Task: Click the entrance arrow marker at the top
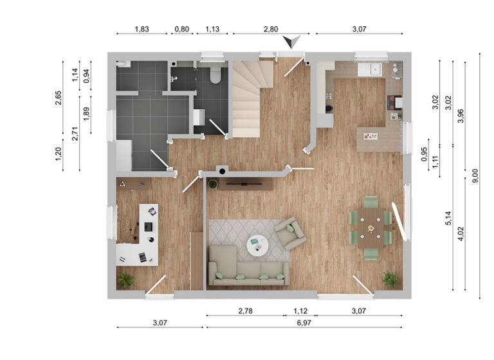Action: point(294,42)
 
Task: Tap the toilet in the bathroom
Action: point(215,75)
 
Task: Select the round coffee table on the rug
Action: point(258,244)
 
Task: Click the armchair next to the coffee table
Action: point(289,233)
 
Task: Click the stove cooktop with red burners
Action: point(394,102)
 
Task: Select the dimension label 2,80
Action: point(271,29)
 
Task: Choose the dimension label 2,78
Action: point(245,311)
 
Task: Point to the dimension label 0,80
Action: point(182,29)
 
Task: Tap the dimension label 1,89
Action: point(87,114)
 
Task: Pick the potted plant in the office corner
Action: point(126,280)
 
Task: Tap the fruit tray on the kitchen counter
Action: point(370,136)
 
